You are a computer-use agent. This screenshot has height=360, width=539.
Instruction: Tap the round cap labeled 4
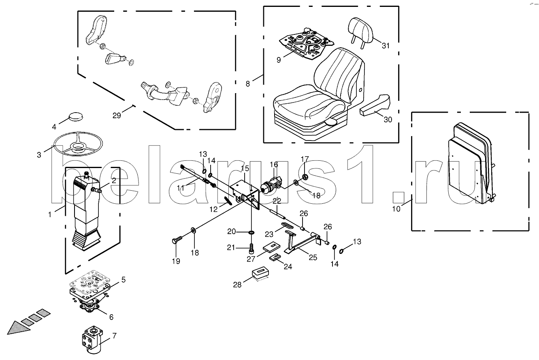(x=76, y=117)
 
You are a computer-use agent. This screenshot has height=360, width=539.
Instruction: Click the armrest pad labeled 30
(x=375, y=105)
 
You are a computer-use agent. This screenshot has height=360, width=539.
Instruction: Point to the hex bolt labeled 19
(x=177, y=240)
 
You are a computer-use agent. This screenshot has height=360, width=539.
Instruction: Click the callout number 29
(x=117, y=115)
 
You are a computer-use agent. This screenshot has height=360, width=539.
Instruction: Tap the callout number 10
(x=396, y=209)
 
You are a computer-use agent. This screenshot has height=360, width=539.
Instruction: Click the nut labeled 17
(x=305, y=177)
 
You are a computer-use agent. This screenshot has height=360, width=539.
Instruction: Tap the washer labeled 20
(x=251, y=232)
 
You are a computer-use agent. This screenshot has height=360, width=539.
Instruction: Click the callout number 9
(x=279, y=60)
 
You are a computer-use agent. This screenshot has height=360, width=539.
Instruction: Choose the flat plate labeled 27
(x=271, y=246)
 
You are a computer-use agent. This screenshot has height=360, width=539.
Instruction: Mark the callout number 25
(x=313, y=258)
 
